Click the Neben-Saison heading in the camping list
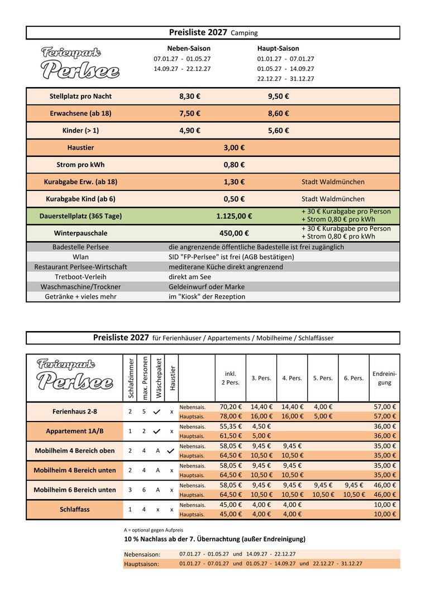(189, 49)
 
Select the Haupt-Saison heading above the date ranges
(278, 49)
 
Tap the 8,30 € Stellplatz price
(190, 97)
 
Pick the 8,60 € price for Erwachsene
(279, 113)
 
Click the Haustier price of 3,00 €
(234, 148)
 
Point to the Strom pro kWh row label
(80, 165)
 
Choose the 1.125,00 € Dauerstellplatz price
(234, 216)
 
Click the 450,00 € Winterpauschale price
(234, 233)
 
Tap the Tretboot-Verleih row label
(80, 277)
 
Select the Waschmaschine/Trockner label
(80, 287)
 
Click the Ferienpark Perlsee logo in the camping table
(80, 63)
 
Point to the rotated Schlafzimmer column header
(131, 378)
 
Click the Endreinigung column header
(384, 378)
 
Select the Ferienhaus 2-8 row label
(75, 411)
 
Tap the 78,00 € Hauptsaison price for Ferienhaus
(231, 417)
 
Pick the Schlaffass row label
(75, 509)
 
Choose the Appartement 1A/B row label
(75, 431)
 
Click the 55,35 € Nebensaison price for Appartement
(231, 427)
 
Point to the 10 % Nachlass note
(214, 539)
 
